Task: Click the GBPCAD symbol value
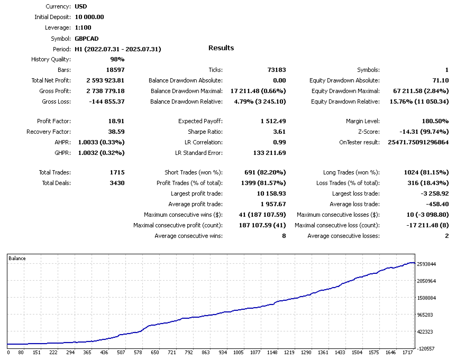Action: point(87,38)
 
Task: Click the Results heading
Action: point(221,48)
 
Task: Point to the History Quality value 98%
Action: point(117,59)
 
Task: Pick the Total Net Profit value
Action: point(105,80)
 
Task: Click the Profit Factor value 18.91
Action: point(116,121)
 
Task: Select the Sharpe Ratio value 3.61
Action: point(279,132)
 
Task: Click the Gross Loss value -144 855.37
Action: point(105,101)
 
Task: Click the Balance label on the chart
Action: point(17,259)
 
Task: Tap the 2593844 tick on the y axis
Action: point(426,264)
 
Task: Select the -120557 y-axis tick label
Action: point(426,349)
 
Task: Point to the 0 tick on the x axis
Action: point(8,352)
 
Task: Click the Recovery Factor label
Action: point(49,132)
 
